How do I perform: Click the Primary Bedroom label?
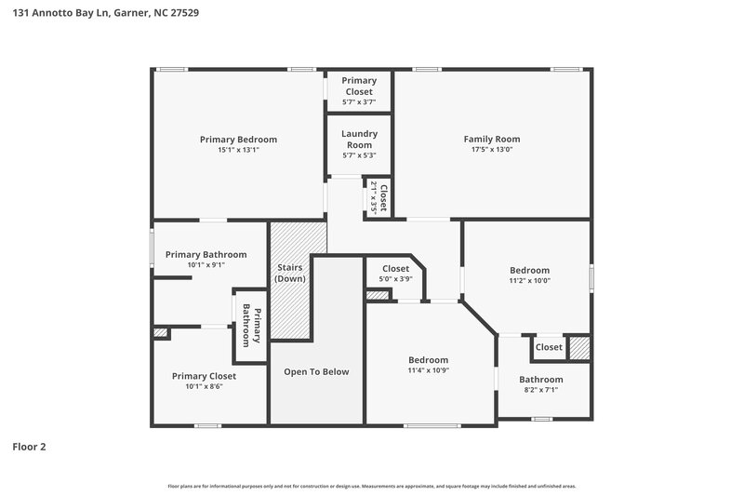coord(238,140)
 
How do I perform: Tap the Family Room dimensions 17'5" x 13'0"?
coord(491,150)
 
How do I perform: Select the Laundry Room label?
coord(358,139)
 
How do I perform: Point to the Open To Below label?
coord(316,372)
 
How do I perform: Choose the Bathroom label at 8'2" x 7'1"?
coord(540,380)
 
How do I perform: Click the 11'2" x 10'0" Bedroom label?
coord(529,271)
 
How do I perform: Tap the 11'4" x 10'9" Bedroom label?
coord(429,360)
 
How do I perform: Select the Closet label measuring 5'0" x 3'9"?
coord(395,269)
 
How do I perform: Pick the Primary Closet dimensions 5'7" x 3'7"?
coord(358,102)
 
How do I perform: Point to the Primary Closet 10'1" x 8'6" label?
coord(204,376)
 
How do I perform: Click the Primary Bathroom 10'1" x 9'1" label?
coord(206,255)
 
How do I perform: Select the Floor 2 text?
coord(29,447)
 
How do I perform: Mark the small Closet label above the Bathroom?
coord(548,347)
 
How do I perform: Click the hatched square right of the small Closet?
coord(579,348)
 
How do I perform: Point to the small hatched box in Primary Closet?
coord(161,332)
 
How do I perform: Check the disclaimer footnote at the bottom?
coord(371,486)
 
